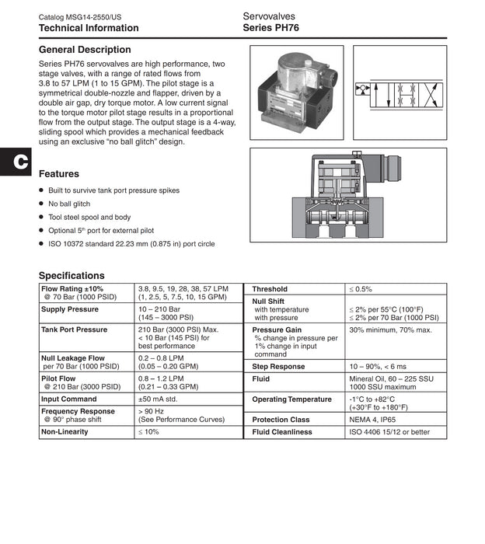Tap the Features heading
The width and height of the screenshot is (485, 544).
pyautogui.click(x=59, y=174)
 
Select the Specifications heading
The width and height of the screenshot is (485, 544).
pyautogui.click(x=72, y=275)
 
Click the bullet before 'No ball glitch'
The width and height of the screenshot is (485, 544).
pyautogui.click(x=41, y=204)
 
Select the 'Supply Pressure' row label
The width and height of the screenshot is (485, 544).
pyautogui.click(x=70, y=309)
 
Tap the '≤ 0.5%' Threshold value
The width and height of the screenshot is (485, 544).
pyautogui.click(x=361, y=289)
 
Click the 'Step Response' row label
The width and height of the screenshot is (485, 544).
pyautogui.click(x=278, y=366)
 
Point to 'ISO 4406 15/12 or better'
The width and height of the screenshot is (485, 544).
pyautogui.click(x=389, y=432)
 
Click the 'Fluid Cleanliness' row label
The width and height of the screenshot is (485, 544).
pyautogui.click(x=282, y=432)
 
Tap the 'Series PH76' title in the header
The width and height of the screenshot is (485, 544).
pyautogui.click(x=270, y=28)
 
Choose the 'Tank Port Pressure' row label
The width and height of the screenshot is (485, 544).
pyautogui.click(x=75, y=330)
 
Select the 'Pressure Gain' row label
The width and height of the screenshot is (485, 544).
pyautogui.click(x=277, y=330)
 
